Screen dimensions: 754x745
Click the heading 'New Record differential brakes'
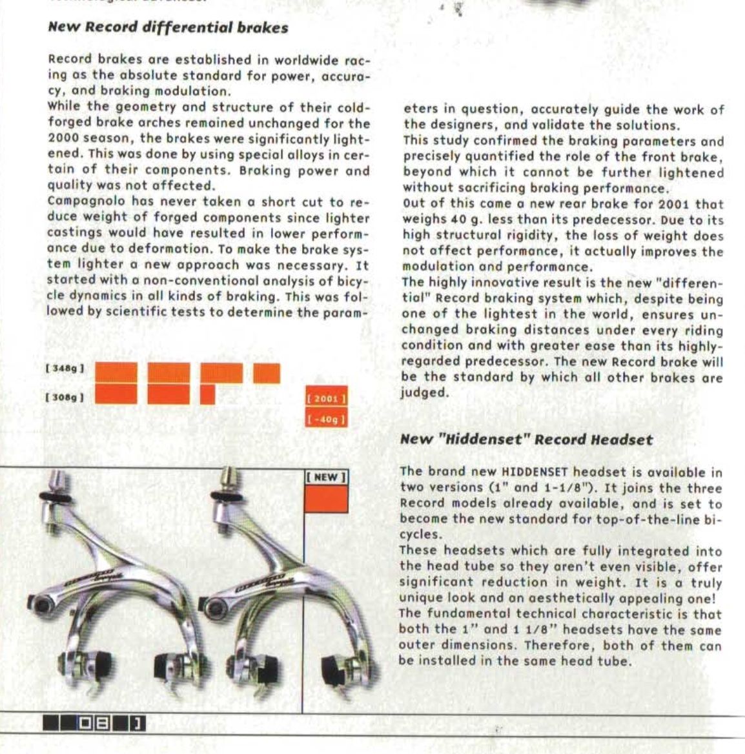coord(168,28)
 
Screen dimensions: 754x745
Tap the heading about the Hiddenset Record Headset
coord(526,440)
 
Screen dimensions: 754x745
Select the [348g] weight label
coord(65,369)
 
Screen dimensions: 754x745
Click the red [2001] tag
coord(326,399)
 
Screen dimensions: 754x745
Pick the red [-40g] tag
coord(326,420)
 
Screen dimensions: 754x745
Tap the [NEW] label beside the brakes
coord(326,478)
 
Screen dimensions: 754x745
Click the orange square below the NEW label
coord(326,499)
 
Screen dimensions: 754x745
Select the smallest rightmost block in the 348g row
coord(266,373)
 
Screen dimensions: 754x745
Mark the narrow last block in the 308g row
coord(207,394)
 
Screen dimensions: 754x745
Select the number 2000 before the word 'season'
coord(63,139)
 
